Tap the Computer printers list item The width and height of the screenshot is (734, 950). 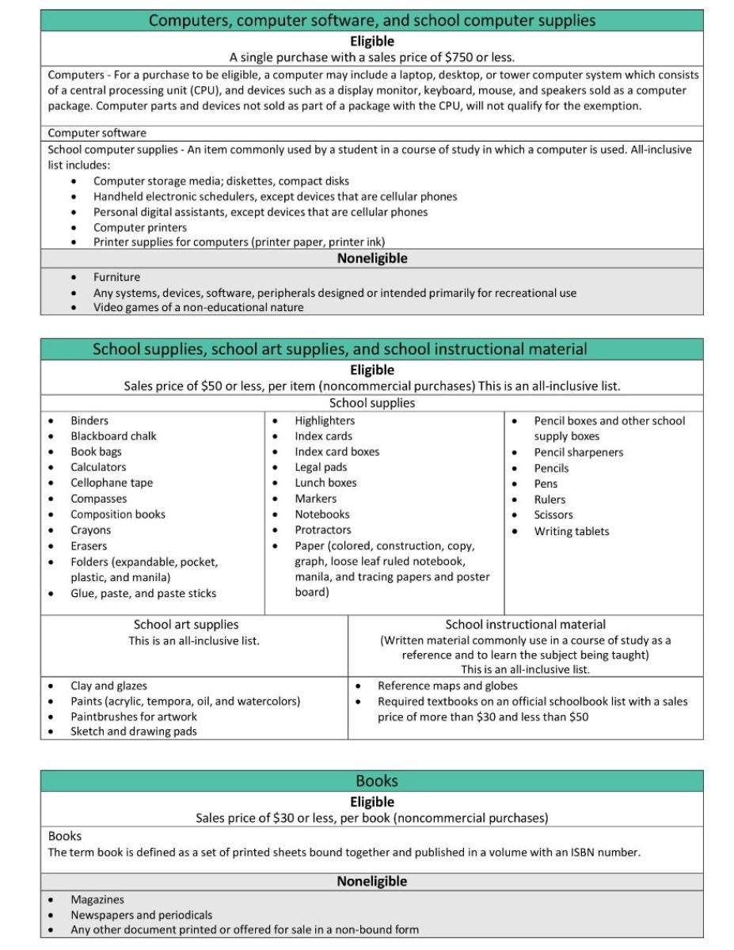tap(140, 227)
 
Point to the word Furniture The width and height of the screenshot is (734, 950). tap(116, 277)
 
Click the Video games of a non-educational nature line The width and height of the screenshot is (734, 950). tap(198, 307)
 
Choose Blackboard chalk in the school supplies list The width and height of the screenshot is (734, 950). tap(113, 436)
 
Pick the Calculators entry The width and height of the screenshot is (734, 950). tap(98, 467)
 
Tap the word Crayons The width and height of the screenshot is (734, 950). tap(90, 530)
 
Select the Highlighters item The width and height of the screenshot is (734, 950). tap(325, 420)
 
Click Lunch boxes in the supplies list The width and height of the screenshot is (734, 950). tap(325, 483)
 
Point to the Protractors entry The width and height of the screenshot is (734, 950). tap(322, 530)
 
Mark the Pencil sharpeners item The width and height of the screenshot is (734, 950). tap(578, 452)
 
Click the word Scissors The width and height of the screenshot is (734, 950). tap(553, 515)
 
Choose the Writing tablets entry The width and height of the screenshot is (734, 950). tap(572, 531)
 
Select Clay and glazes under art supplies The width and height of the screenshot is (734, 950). tap(108, 686)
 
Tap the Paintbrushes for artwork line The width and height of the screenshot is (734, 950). tap(134, 716)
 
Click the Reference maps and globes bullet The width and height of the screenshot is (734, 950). tap(447, 686)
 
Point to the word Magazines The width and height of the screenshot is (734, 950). tap(97, 899)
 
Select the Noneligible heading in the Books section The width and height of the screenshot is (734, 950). tap(371, 881)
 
